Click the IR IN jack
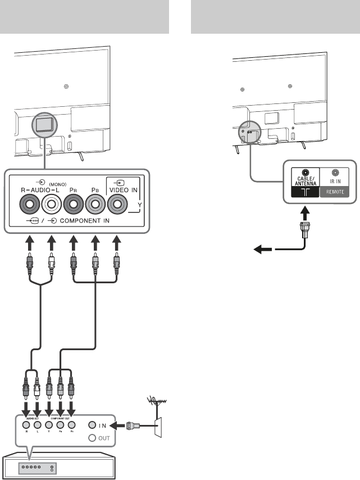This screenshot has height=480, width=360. coord(335,174)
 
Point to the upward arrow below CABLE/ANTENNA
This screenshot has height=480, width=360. coord(304,213)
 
